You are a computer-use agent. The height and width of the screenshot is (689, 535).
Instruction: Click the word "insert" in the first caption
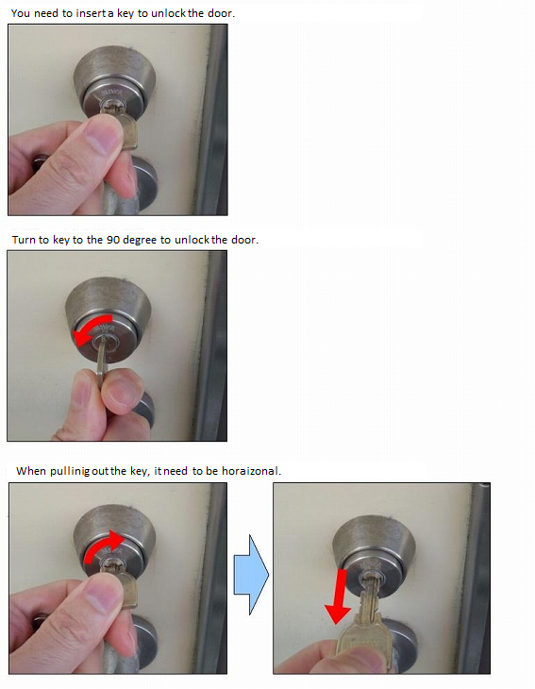tap(91, 13)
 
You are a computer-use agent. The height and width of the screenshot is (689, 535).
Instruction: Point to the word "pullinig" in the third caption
tap(70, 472)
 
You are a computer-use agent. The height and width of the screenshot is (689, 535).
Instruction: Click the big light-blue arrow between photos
tap(251, 574)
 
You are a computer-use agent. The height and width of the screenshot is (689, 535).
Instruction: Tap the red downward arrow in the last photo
tap(338, 597)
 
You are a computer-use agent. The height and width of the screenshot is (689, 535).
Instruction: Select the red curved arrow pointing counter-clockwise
tap(92, 329)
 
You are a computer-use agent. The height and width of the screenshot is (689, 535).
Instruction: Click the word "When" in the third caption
tap(31, 471)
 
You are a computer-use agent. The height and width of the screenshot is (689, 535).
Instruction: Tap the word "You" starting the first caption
tap(21, 13)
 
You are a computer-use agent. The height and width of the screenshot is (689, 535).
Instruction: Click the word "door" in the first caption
tap(220, 13)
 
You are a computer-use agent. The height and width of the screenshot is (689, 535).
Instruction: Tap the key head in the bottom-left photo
tap(127, 589)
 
